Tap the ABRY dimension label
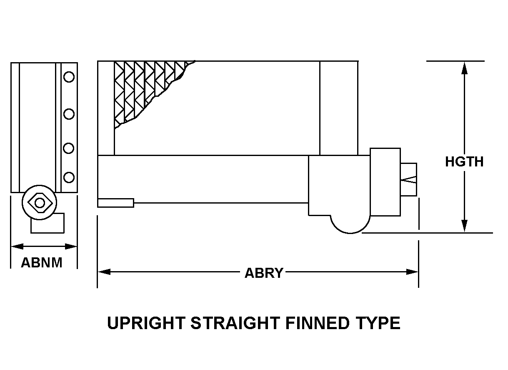(264, 273)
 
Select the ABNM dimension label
(42, 263)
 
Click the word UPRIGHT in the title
(146, 323)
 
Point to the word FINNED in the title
(317, 323)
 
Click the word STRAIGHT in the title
(235, 323)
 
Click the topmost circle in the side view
(69, 77)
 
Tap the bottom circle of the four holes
(69, 177)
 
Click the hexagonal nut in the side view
(40, 203)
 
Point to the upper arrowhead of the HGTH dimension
(464, 68)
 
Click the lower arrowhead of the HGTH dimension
(464, 226)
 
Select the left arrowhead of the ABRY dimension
(104, 272)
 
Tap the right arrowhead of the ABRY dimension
(412, 272)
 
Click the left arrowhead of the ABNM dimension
(17, 246)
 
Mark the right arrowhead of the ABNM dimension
(71, 246)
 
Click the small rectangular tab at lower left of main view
(116, 203)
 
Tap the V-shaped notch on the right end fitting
(409, 179)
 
